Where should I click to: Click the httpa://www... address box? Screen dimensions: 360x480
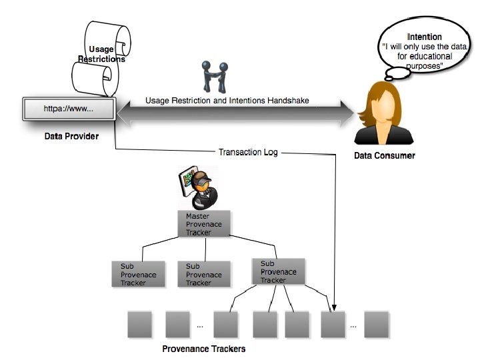(69, 107)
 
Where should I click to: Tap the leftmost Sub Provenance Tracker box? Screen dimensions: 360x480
(138, 274)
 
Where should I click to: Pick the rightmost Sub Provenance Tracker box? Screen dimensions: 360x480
(279, 271)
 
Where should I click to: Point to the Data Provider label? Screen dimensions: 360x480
(71, 137)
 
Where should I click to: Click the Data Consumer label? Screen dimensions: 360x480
(384, 156)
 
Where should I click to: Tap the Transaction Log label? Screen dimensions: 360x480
(249, 153)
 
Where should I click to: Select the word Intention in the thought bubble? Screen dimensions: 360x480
(424, 37)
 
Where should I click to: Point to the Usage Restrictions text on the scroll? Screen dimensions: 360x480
(107, 54)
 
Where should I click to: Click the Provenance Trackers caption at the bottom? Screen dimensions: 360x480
(204, 349)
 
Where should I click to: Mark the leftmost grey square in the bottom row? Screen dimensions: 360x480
(139, 324)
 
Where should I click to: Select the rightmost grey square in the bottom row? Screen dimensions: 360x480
(377, 324)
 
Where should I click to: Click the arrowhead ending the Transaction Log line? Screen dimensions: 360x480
(333, 306)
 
